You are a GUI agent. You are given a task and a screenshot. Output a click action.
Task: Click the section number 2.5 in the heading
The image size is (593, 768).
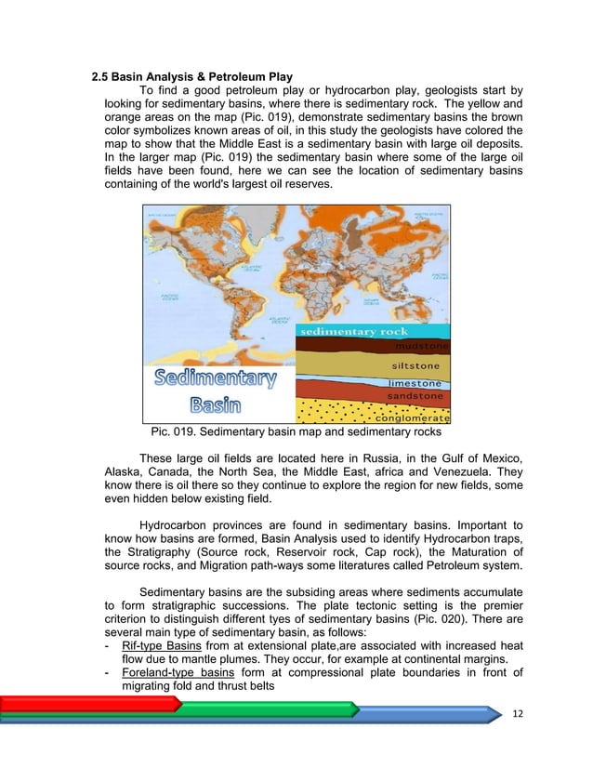coord(102,75)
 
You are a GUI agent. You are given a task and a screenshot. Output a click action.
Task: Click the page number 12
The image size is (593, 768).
coord(519,712)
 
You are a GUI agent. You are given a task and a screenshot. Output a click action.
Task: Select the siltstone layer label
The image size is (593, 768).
coord(416,364)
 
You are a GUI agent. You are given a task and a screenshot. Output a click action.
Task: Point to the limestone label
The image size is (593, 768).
coord(415,383)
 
